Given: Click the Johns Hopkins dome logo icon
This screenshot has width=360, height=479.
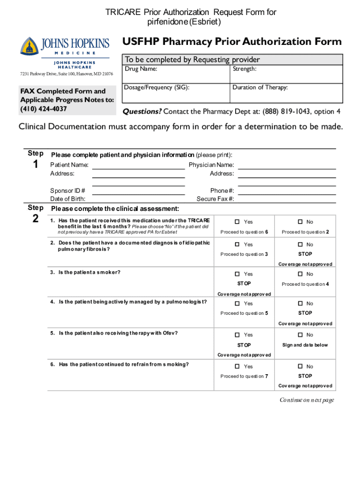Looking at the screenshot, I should (29, 47).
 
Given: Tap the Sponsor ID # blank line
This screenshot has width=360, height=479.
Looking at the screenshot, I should (138, 191).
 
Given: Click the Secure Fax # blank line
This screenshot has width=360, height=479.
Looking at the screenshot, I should (287, 199).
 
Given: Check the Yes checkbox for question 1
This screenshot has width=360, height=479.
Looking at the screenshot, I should (237, 222).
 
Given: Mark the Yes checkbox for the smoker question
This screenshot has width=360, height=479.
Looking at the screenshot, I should (237, 274).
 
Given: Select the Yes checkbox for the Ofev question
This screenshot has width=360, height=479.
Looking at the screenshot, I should (237, 335).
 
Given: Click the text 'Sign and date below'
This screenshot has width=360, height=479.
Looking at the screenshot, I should (305, 345).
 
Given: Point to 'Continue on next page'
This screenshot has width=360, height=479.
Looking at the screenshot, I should (307, 400).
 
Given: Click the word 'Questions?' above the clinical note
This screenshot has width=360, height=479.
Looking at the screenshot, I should (142, 111).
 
